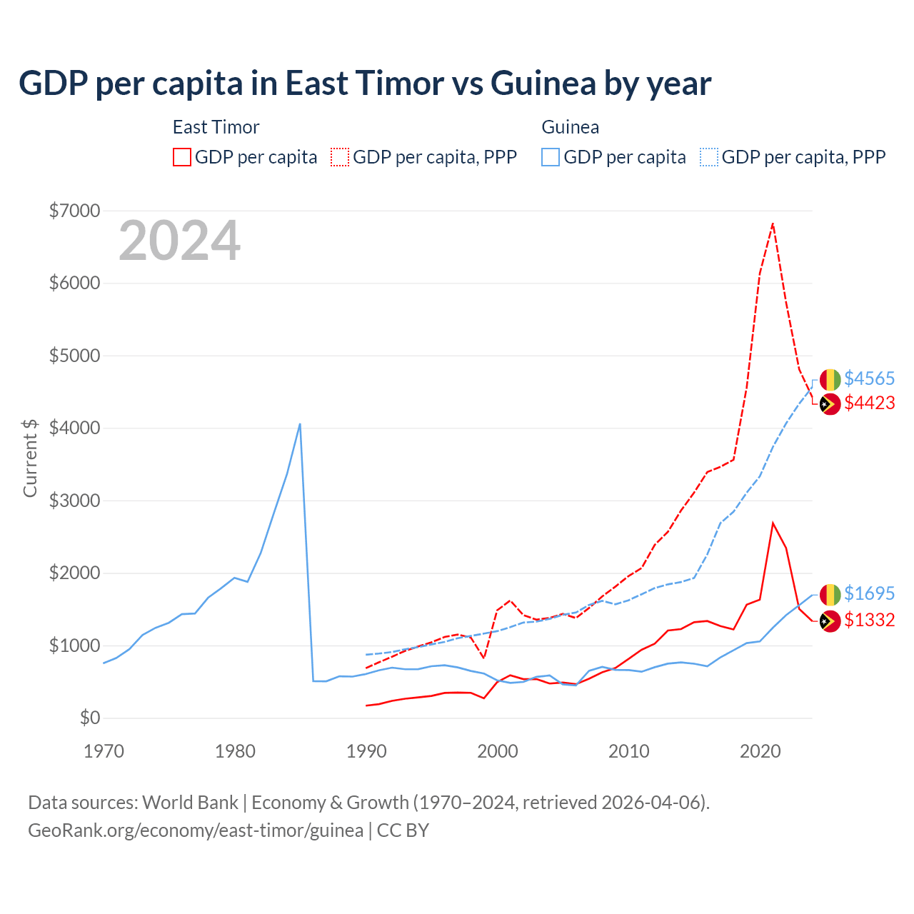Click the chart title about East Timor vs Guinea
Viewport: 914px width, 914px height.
point(365,84)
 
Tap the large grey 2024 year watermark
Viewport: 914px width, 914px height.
point(179,241)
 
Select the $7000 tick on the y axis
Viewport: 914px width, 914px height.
point(74,211)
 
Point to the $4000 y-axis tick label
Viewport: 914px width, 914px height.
point(74,428)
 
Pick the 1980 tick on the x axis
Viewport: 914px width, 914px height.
point(235,751)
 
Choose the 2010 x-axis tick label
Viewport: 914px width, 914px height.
point(628,751)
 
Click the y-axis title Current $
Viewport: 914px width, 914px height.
point(30,458)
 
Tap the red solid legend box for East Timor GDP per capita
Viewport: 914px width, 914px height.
point(182,157)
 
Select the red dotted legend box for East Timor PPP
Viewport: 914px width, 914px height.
point(340,157)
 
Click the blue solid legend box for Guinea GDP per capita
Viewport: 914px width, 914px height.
point(551,157)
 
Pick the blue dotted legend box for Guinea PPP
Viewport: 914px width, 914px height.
point(709,157)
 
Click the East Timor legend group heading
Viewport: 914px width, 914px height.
point(216,127)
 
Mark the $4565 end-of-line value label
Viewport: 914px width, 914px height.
point(869,378)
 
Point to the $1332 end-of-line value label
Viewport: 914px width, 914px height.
point(869,620)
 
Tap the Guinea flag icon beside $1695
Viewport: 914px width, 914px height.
point(830,594)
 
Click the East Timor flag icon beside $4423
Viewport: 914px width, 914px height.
point(830,404)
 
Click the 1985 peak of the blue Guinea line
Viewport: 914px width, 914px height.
point(300,424)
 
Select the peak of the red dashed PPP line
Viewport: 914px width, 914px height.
point(773,224)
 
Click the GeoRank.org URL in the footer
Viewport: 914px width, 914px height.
point(196,830)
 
